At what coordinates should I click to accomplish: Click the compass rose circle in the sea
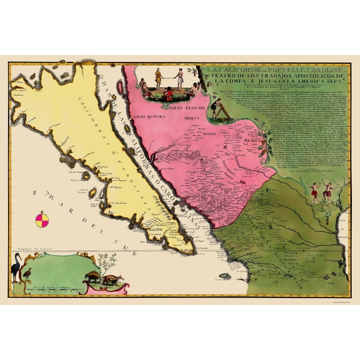(x=42, y=220)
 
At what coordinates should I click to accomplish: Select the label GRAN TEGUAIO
(x=181, y=108)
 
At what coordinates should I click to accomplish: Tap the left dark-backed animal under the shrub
(x=92, y=278)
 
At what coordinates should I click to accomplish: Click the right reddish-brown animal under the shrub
(x=113, y=280)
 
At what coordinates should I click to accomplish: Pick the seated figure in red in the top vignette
(x=167, y=92)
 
